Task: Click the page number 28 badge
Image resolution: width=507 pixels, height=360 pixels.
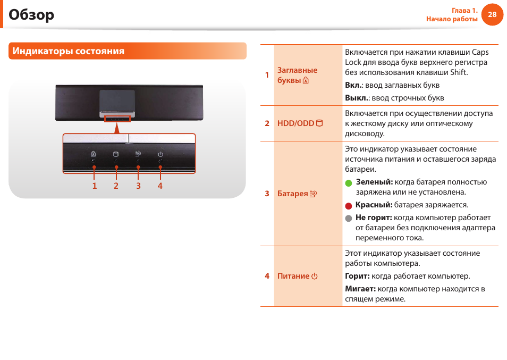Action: click(492, 15)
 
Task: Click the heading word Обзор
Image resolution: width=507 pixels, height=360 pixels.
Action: click(31, 15)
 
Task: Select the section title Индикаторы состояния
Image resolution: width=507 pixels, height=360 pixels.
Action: click(69, 51)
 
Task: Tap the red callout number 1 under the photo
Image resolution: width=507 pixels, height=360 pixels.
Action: click(95, 186)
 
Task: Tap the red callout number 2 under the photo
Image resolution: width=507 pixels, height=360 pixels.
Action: click(116, 186)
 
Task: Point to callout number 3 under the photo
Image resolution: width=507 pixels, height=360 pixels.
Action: click(138, 186)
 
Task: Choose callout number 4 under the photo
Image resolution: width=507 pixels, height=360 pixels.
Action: click(160, 186)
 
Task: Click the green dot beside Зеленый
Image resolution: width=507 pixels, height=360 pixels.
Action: click(349, 182)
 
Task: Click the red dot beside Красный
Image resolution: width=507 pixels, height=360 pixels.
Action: click(349, 205)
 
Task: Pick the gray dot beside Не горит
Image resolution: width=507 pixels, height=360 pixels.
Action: click(349, 218)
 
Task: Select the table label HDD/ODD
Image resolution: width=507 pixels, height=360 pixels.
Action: click(295, 123)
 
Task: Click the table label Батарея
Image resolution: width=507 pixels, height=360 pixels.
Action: click(293, 194)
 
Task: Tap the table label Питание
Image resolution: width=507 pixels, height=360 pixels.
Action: click(293, 276)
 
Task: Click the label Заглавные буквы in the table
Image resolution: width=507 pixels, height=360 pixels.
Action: click(297, 76)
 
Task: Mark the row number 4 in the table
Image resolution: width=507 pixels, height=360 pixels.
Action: click(267, 276)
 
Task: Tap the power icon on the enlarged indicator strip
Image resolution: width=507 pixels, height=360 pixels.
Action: click(160, 154)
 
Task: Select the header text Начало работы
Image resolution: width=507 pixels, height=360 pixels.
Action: click(452, 19)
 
